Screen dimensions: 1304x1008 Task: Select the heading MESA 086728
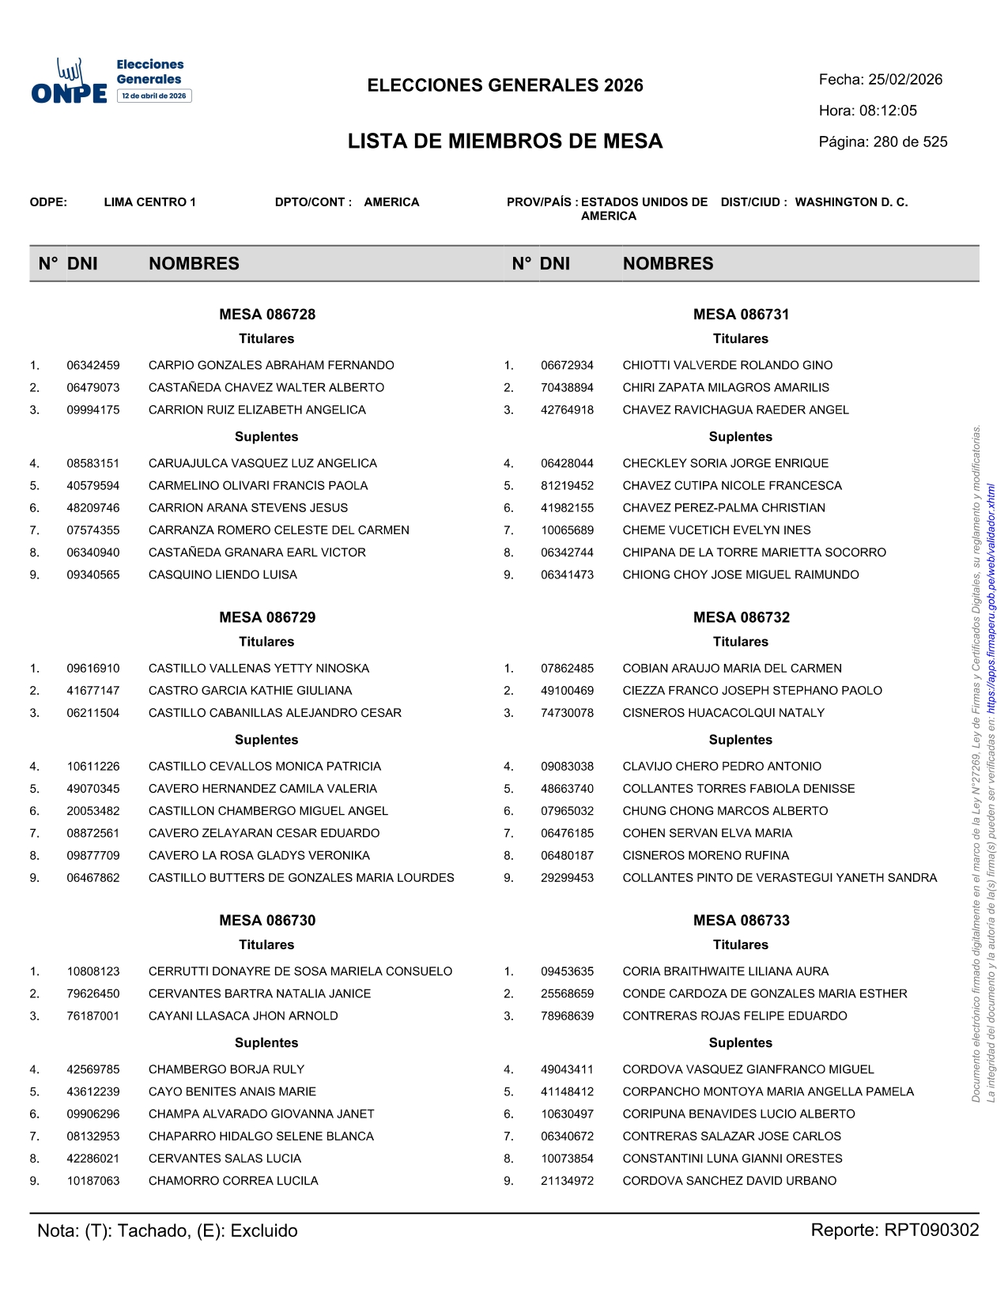(267, 315)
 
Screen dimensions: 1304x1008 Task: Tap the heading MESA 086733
(741, 921)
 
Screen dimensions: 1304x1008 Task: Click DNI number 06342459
(93, 366)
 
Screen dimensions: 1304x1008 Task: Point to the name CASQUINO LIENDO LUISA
(223, 575)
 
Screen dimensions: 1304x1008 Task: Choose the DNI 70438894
(567, 388)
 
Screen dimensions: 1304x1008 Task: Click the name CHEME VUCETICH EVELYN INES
(716, 530)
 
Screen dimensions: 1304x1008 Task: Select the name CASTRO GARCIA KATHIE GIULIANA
(250, 691)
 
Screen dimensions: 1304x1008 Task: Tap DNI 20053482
(93, 812)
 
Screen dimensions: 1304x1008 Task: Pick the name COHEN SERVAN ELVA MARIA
(707, 834)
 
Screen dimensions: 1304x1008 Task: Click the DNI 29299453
(567, 878)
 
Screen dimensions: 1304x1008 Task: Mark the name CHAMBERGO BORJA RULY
(226, 1070)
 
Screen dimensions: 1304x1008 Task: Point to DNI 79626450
(93, 994)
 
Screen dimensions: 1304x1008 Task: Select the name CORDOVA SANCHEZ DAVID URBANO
(729, 1182)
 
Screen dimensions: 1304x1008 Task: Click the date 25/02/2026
(905, 80)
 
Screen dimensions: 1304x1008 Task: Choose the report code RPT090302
(931, 1231)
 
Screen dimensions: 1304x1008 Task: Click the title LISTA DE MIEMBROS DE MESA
(505, 141)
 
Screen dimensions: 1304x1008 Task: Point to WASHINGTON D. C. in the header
(851, 202)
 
